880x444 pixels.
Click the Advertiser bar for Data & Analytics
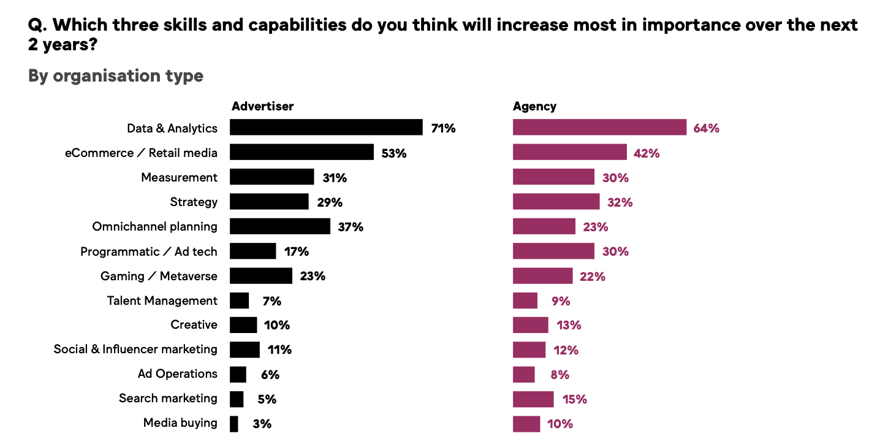[326, 128]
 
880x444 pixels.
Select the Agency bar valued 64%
[599, 128]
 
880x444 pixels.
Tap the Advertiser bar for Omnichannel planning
[280, 226]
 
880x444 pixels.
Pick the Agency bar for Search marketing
[533, 399]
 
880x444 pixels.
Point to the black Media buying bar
[234, 424]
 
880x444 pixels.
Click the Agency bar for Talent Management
[525, 300]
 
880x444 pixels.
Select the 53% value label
[393, 153]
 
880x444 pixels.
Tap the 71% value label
[443, 129]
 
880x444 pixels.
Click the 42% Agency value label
[647, 153]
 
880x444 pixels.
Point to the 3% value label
[262, 424]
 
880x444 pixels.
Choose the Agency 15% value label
[574, 399]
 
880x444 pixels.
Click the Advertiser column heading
[262, 106]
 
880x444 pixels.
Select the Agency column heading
[534, 106]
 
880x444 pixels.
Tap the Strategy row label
[194, 202]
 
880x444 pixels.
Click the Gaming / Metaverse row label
[159, 276]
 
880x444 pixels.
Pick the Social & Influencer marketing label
[135, 349]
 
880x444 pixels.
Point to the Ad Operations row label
[178, 373]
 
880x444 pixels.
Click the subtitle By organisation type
[116, 76]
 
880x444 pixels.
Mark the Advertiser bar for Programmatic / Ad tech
[253, 251]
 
